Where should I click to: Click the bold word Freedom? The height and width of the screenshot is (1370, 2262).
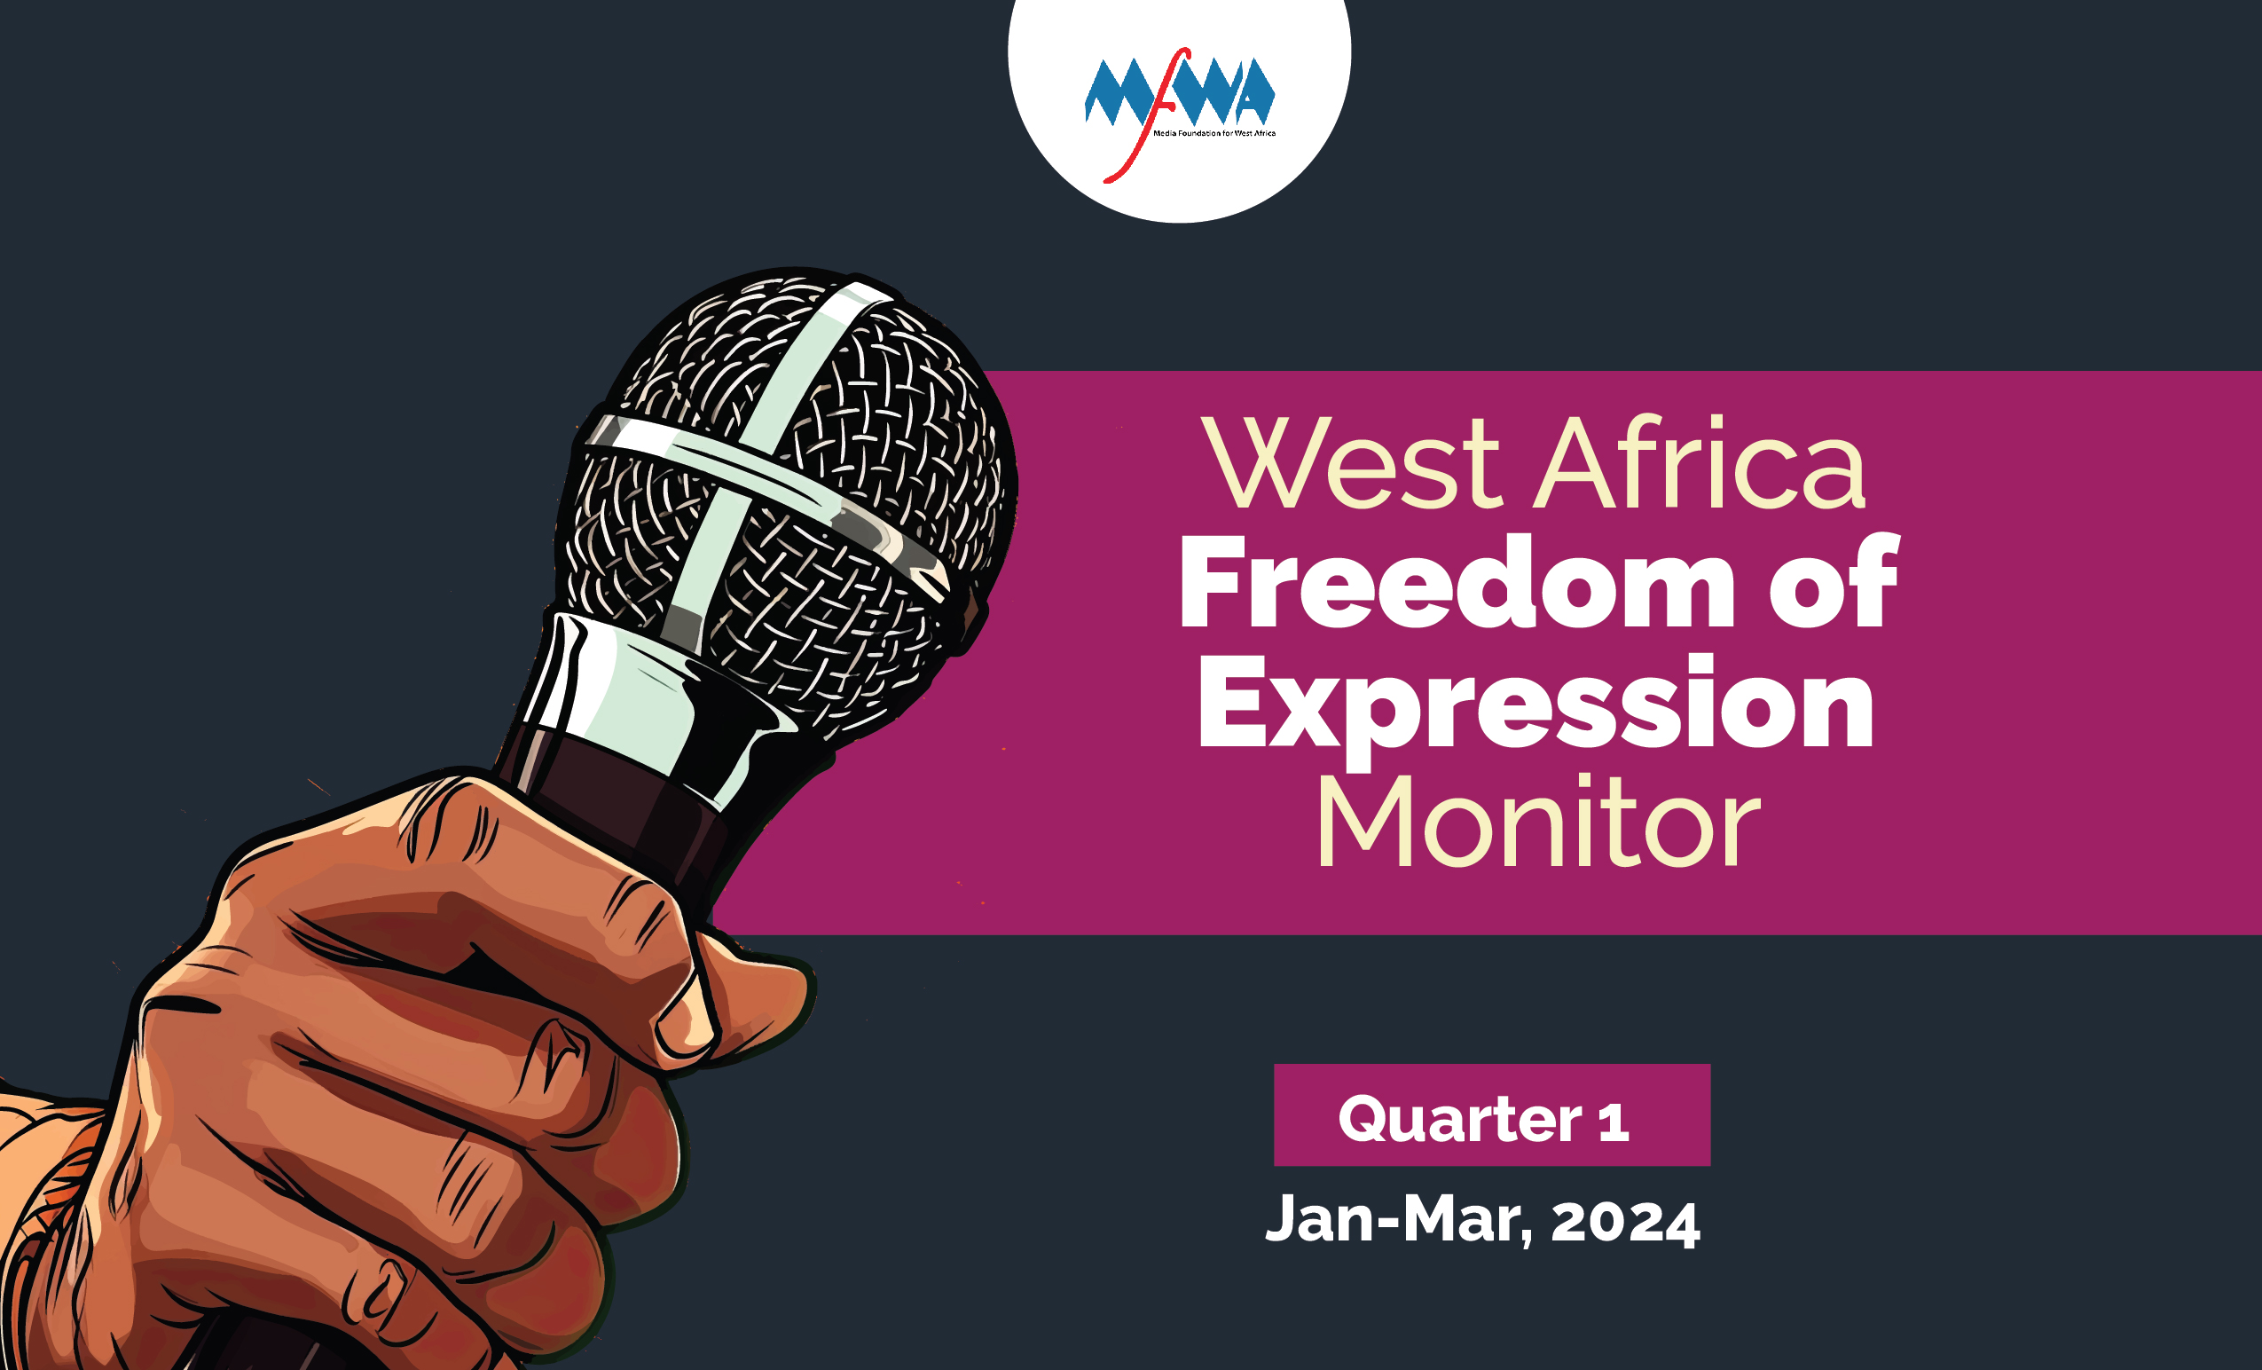click(x=1457, y=580)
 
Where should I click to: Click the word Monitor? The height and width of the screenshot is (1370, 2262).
click(x=1537, y=820)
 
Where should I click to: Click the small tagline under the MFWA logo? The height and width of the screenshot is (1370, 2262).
click(x=1214, y=134)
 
